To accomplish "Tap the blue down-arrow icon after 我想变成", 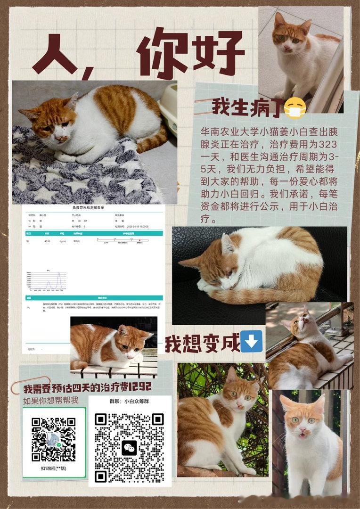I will tap(251, 341).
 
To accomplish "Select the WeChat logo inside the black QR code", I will tap(129, 447).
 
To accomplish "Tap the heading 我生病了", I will tap(247, 107).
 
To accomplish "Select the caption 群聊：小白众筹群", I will tap(130, 402).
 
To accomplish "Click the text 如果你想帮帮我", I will tap(51, 401).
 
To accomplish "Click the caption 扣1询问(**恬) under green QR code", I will tap(53, 468).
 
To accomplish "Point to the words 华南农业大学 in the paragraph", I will tap(222, 132).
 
